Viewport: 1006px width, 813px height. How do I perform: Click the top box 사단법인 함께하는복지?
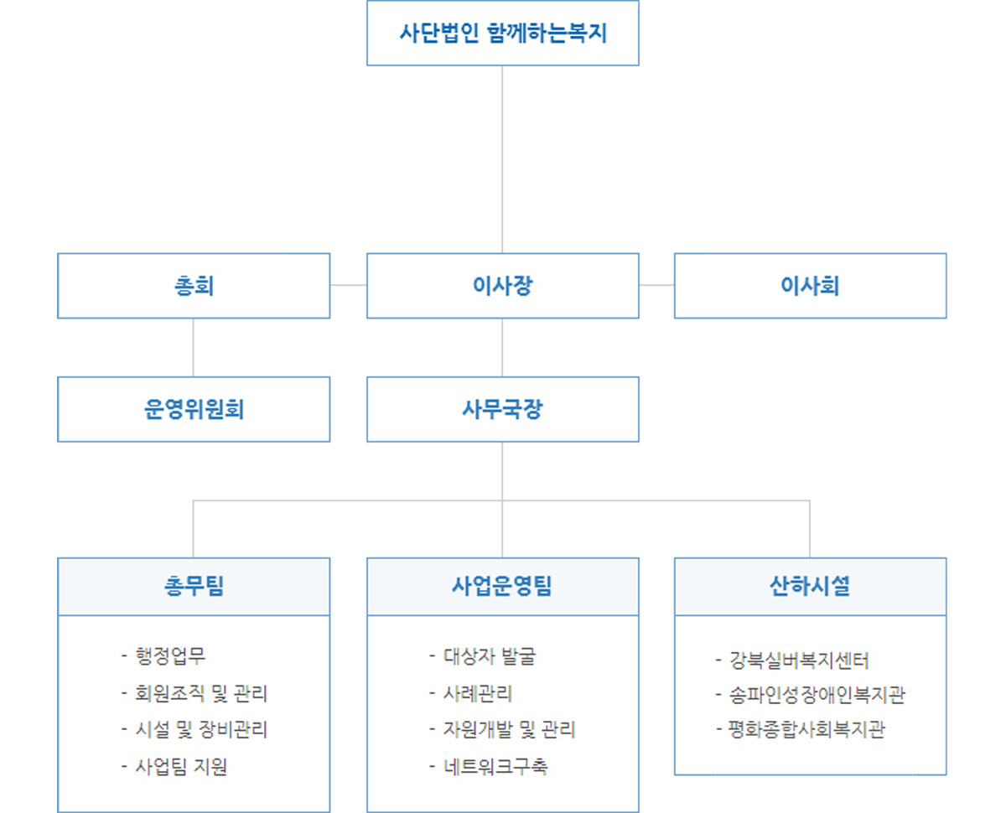coord(502,33)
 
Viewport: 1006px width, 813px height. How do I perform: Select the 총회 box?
coord(194,286)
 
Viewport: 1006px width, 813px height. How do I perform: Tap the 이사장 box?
coord(502,286)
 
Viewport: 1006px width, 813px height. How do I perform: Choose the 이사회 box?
coord(810,286)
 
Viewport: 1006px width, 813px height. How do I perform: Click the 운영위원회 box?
coord(194,409)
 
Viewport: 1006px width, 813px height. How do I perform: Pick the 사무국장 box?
coord(502,409)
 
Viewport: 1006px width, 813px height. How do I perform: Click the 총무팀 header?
coord(194,587)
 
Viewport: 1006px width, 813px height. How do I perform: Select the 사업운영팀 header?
coord(502,587)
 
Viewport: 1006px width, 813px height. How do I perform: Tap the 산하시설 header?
coord(810,587)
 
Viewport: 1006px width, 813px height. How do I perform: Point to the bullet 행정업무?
coord(163,655)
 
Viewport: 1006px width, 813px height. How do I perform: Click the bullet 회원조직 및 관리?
coord(194,693)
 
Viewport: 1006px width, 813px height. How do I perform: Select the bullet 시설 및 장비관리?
coord(194,729)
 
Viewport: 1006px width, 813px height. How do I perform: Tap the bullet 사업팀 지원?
coord(174,766)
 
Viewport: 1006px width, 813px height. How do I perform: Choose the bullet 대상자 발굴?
coord(483,655)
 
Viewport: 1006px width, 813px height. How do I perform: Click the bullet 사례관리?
coord(471,693)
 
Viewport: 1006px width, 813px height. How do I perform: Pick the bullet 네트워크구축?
coord(489,766)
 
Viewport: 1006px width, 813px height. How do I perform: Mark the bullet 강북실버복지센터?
coord(792,660)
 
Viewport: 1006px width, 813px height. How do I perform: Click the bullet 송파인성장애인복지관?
coord(811,695)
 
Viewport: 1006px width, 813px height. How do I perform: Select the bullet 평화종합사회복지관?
coord(801,729)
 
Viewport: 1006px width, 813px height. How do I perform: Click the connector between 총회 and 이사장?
coord(349,285)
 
